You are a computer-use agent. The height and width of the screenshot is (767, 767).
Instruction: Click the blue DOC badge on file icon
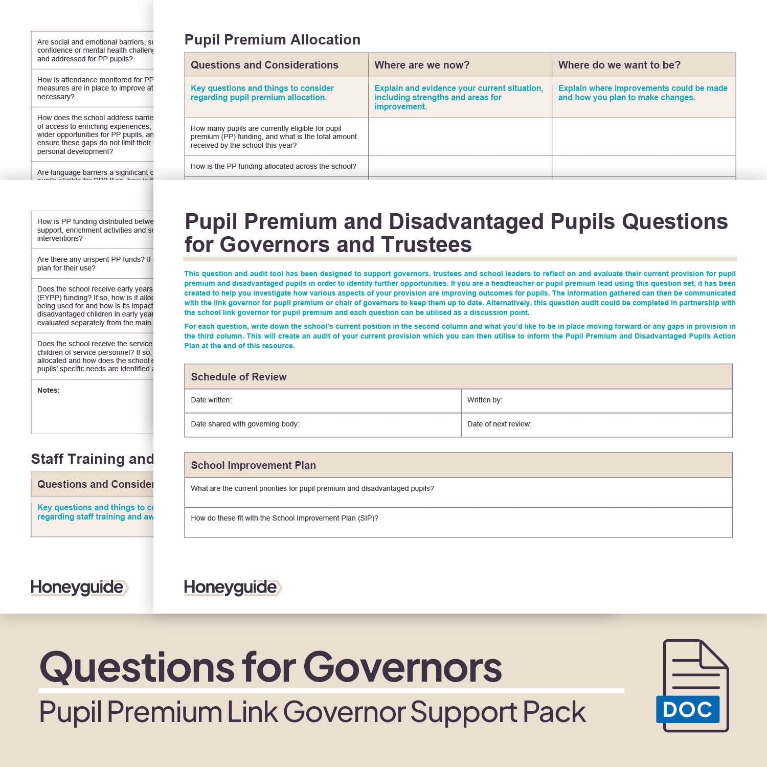tap(688, 709)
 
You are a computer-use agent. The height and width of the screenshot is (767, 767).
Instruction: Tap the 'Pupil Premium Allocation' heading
tap(272, 40)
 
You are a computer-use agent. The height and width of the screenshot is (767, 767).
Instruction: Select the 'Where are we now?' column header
tap(422, 65)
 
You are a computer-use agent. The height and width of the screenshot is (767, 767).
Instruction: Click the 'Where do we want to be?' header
tap(619, 65)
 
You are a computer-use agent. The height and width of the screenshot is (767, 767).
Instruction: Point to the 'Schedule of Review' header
tap(238, 377)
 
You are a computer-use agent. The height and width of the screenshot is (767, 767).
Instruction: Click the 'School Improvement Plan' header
tap(253, 465)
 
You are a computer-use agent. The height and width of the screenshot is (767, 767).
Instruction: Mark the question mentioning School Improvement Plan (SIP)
tap(284, 518)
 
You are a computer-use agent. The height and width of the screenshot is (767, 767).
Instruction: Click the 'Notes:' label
tap(49, 390)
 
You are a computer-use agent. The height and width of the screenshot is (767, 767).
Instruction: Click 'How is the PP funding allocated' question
tap(273, 166)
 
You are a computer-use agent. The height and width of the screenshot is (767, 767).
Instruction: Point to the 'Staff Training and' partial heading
tap(92, 459)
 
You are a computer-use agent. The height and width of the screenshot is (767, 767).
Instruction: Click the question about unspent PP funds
tap(92, 263)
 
